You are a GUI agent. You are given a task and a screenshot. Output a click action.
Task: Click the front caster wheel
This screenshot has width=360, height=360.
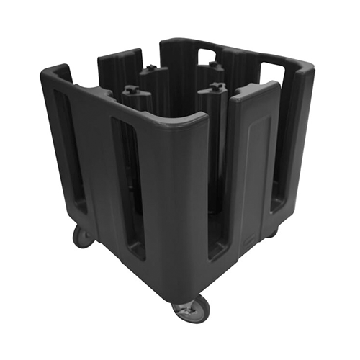pos(191,310)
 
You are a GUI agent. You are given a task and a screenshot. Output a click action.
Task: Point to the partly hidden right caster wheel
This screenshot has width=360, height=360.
pos(271,232)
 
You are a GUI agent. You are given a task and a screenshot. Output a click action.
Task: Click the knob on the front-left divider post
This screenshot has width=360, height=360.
pos(132,91)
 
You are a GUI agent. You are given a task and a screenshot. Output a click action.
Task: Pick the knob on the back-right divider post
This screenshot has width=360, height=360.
pos(217,66)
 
